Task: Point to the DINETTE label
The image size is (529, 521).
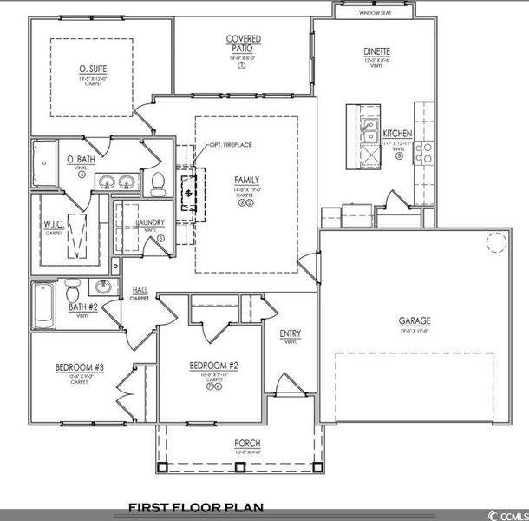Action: pyautogui.click(x=376, y=51)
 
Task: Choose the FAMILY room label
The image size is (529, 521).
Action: pyautogui.click(x=246, y=180)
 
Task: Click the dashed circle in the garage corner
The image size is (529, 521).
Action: pyautogui.click(x=496, y=242)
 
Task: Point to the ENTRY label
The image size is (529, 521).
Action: pyautogui.click(x=290, y=333)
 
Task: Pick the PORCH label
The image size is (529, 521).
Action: pyautogui.click(x=247, y=444)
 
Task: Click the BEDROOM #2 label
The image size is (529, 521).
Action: pyautogui.click(x=213, y=366)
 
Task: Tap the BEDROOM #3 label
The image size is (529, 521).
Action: pyautogui.click(x=79, y=368)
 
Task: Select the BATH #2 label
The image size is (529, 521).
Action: pyautogui.click(x=82, y=306)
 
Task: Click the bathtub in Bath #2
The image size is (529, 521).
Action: pyautogui.click(x=43, y=306)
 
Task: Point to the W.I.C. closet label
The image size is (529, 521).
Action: pyautogui.click(x=54, y=224)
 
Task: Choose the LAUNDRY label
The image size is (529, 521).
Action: pyautogui.click(x=150, y=223)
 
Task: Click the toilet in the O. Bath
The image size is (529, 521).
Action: pyautogui.click(x=158, y=182)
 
